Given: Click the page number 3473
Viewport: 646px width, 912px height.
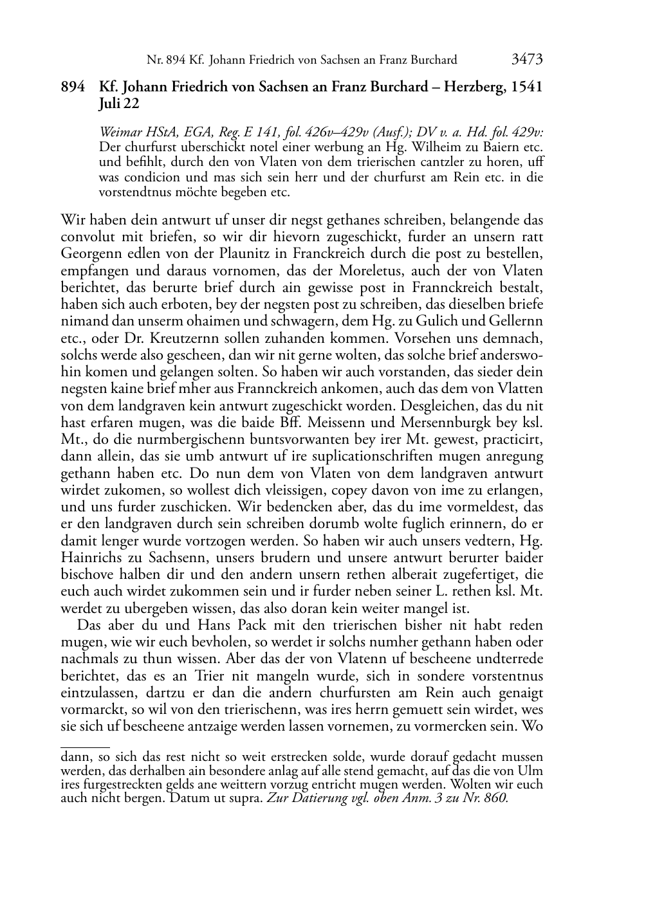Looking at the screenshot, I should point(527,60).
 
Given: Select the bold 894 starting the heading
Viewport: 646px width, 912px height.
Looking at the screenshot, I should point(72,87).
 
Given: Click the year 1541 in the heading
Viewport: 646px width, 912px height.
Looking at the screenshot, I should point(526,87).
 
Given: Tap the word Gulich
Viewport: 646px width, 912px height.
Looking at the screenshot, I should point(450,321).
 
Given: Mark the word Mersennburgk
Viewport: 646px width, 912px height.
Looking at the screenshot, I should point(441,423).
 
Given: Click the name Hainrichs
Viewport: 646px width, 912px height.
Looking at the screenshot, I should point(91,558).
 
